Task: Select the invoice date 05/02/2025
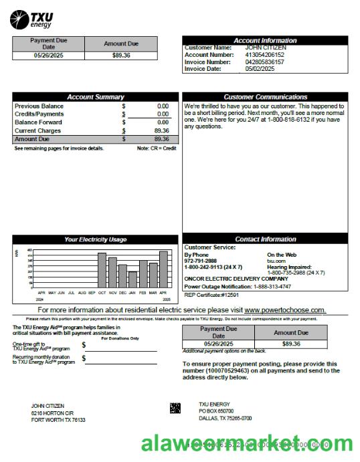(x=260, y=68)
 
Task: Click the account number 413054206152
(x=264, y=55)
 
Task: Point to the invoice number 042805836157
(x=264, y=62)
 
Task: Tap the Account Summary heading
(x=95, y=97)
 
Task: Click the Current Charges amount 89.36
(x=161, y=130)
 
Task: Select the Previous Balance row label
(x=39, y=106)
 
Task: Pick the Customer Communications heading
(x=265, y=97)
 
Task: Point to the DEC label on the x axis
(x=122, y=293)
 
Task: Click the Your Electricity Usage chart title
(x=95, y=239)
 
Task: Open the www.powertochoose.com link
(x=285, y=310)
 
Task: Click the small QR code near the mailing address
(x=175, y=407)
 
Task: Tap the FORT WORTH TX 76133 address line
(x=58, y=420)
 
